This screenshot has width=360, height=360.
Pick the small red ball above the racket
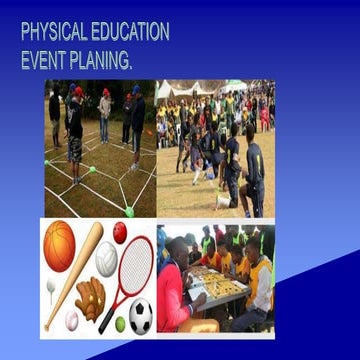coord(120,233)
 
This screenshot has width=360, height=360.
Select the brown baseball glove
coord(90,298)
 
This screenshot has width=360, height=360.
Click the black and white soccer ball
coord(141,315)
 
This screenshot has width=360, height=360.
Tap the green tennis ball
coord(120,324)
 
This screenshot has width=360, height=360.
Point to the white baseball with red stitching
coord(72,320)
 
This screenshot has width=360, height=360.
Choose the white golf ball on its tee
coord(51,287)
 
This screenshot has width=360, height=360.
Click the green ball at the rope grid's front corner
coord(129,211)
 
